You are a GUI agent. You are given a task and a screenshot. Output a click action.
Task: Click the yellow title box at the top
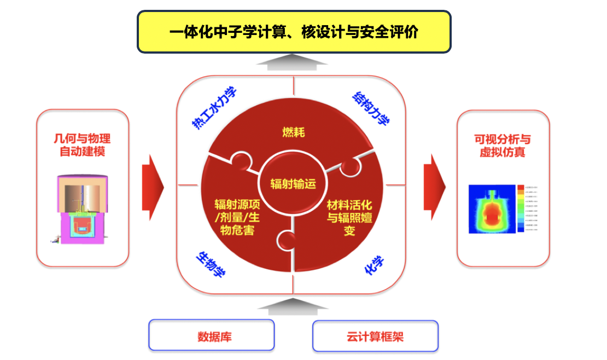tap(294, 32)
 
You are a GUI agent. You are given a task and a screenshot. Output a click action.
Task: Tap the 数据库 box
tap(211, 335)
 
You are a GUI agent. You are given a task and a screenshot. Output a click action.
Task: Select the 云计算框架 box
tap(375, 335)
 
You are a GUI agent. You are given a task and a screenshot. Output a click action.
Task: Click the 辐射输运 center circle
tap(293, 184)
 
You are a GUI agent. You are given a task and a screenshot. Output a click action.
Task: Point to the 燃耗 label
tap(293, 132)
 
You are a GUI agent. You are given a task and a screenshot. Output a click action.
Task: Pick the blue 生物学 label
tap(211, 264)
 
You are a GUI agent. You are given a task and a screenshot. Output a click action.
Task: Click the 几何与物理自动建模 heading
tap(82, 145)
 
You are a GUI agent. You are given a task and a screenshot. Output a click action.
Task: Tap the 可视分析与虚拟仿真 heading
tap(503, 146)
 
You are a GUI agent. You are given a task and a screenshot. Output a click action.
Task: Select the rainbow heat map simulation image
tap(492, 209)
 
